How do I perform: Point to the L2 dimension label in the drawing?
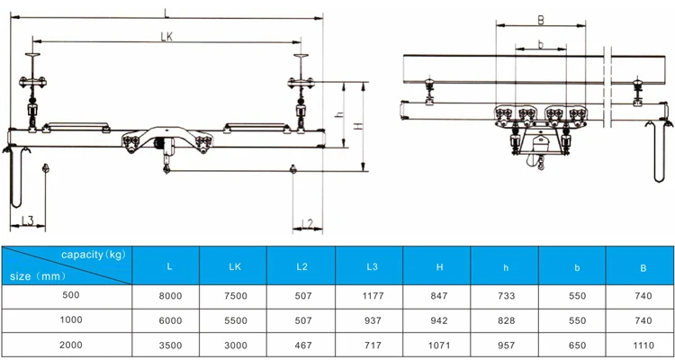point(305,222)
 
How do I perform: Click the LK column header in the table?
point(234,266)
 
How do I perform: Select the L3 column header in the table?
point(369,266)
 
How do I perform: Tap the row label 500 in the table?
point(69,295)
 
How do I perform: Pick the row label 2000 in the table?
point(69,344)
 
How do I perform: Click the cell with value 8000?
point(170,295)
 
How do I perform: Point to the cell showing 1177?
point(369,295)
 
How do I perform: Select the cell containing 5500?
point(234,319)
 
